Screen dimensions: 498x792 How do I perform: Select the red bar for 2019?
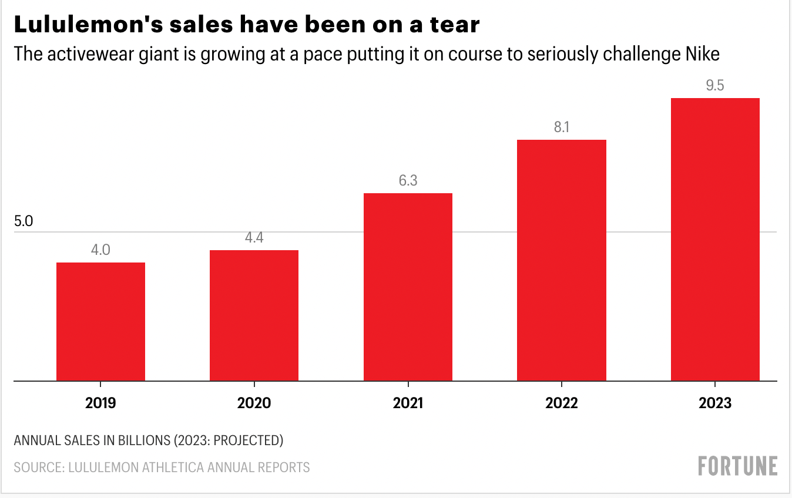pos(100,321)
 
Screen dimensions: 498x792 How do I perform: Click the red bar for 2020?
pos(254,315)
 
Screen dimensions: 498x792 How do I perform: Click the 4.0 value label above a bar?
pos(100,250)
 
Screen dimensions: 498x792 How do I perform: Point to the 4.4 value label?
pos(254,238)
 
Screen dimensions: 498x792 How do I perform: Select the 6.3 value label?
pos(408,181)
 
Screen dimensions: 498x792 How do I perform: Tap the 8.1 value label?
pos(562,127)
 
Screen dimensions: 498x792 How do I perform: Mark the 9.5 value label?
pos(715,86)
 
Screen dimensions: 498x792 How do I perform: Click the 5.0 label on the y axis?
pos(24,222)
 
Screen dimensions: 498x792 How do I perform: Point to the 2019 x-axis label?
pos(100,403)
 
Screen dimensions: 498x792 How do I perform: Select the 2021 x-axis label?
pos(407,403)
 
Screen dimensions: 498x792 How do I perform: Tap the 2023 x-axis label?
pos(715,403)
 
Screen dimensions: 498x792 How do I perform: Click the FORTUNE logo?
pos(737,466)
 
